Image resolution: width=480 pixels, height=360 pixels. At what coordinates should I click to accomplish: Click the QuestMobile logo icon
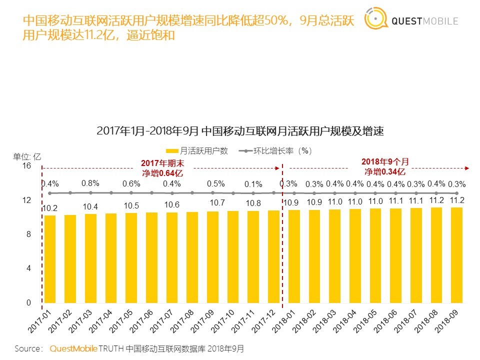point(376,20)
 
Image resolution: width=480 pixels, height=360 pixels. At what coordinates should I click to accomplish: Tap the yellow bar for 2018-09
point(456,255)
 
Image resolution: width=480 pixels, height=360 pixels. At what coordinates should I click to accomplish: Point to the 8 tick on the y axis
point(29,234)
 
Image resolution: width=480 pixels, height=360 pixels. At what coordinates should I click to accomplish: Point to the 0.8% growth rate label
point(90,183)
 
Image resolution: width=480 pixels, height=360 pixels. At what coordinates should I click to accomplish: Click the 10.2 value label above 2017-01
point(49,208)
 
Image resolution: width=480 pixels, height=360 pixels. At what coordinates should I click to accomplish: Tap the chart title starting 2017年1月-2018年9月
point(239,132)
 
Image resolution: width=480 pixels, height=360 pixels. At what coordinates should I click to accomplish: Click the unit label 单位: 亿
point(27,155)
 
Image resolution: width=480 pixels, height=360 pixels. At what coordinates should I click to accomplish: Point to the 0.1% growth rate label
point(253,184)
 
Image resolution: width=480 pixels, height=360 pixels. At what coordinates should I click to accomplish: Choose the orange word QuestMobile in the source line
point(73,348)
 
